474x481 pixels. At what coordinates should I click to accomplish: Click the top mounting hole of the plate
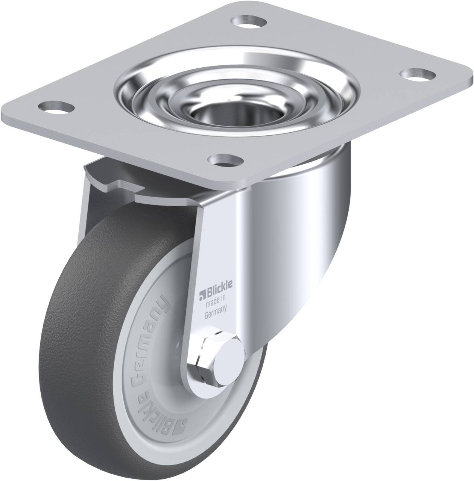point(248,21)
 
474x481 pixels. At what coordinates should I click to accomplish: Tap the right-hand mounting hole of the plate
point(418,75)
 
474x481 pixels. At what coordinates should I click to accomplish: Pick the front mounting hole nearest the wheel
point(226,160)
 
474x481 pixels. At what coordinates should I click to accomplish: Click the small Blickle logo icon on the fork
point(202,295)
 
